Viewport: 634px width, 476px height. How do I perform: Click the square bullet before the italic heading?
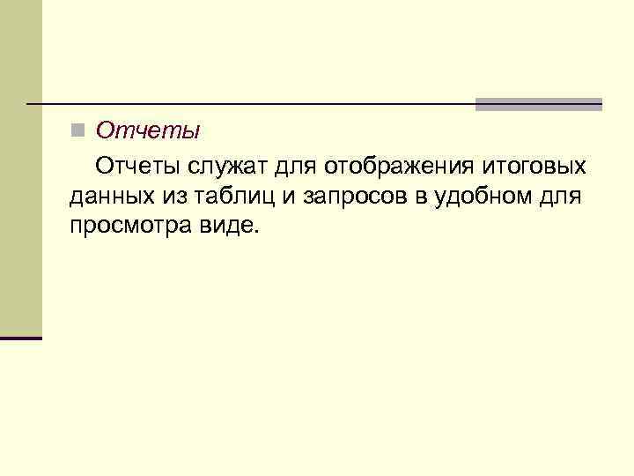77,131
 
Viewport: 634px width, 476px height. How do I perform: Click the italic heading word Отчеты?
148,131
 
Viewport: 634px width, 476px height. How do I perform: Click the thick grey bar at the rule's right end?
538,104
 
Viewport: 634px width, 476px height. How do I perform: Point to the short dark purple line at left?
21,338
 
